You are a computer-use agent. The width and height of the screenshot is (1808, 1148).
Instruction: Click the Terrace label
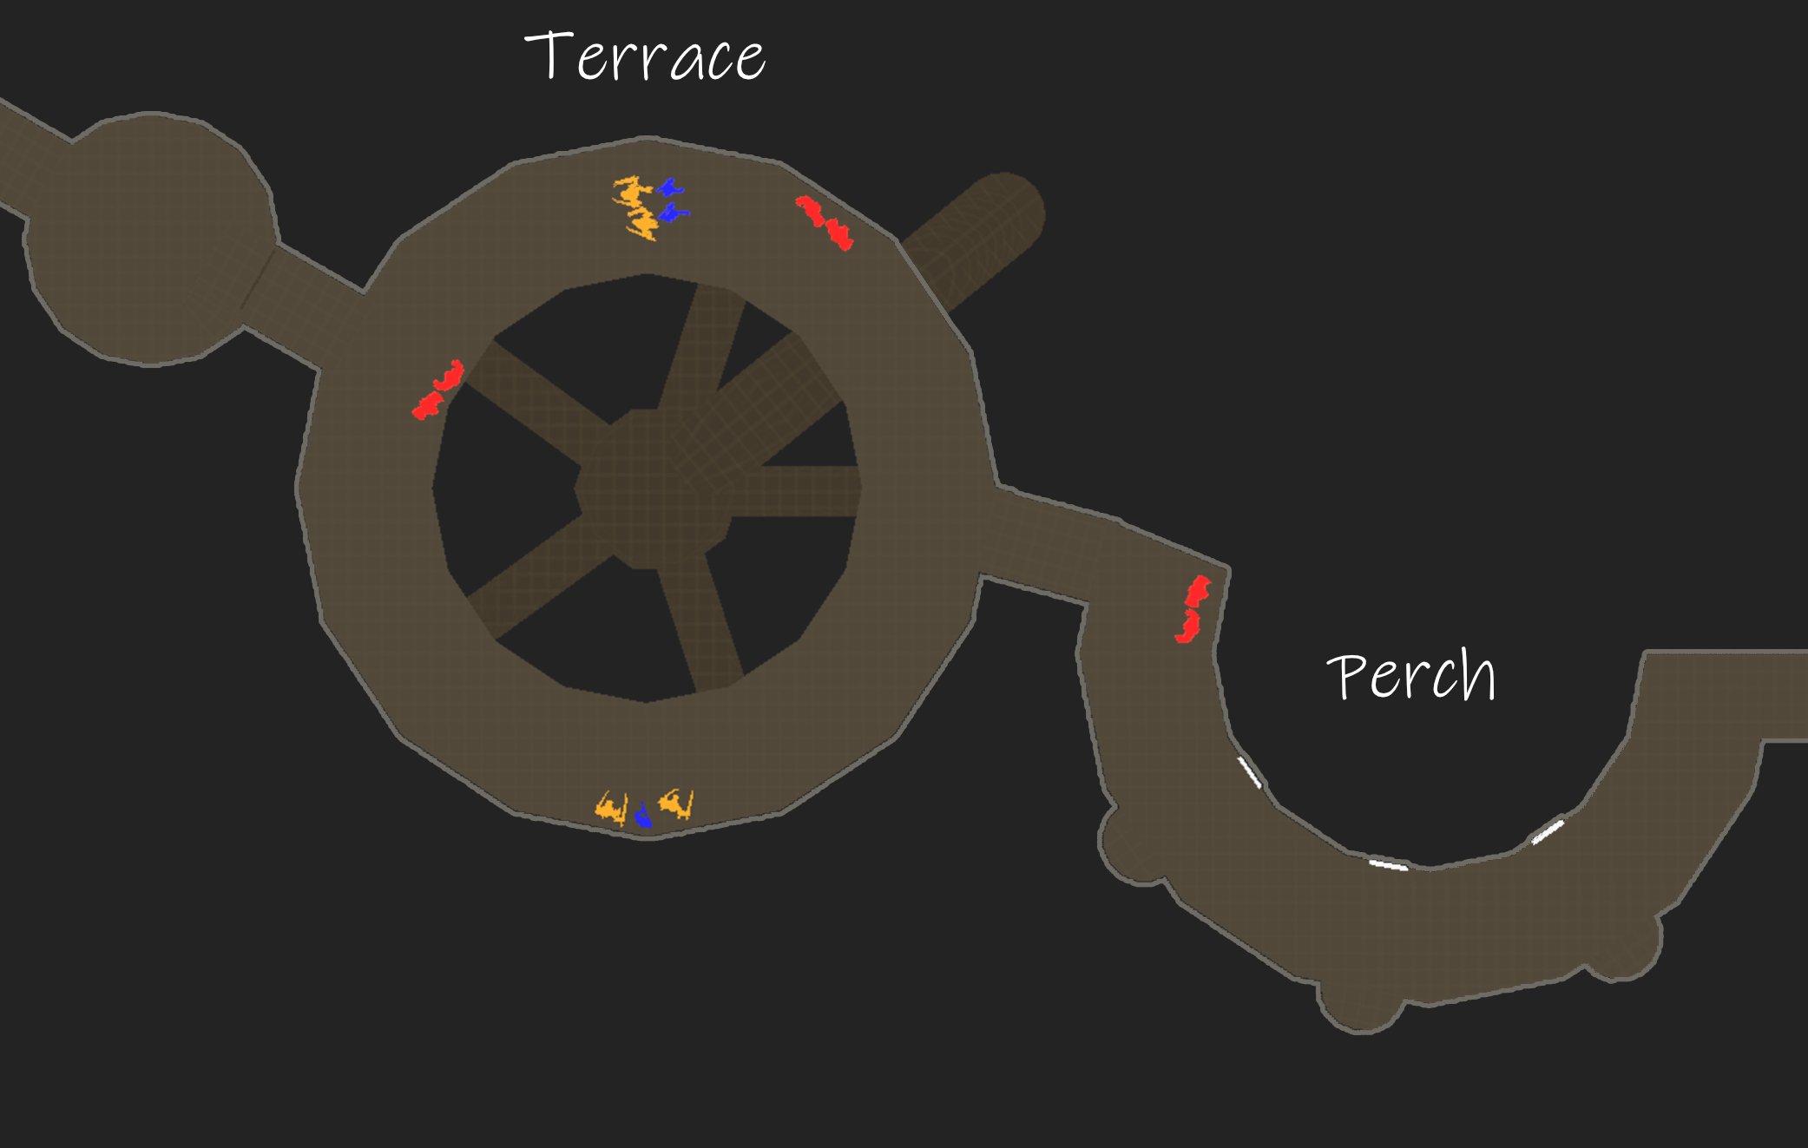645,57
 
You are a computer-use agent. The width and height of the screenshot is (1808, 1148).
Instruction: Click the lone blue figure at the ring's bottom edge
643,816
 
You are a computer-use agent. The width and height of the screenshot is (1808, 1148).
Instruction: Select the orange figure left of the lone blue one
611,808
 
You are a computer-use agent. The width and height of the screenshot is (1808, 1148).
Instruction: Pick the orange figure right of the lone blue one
677,804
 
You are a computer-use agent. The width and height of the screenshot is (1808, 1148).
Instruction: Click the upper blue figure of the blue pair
669,187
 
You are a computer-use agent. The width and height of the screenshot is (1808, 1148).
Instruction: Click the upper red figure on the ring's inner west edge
450,376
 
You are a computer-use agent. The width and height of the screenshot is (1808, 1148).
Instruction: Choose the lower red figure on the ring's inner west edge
427,405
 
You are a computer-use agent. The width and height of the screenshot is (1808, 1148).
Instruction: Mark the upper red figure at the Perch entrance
1198,592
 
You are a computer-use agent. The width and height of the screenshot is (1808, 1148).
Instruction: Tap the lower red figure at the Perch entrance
1188,626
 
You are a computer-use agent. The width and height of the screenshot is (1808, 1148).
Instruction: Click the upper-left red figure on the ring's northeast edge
810,209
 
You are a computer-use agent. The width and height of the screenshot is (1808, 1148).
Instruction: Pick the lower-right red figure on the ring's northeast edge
839,233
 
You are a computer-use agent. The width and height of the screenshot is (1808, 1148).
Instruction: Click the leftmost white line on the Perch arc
1249,771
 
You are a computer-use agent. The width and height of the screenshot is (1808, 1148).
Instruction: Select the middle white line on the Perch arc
1388,864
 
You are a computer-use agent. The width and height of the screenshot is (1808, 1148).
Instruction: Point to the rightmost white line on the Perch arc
1548,830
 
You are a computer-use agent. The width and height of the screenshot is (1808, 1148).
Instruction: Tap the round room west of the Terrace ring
150,239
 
